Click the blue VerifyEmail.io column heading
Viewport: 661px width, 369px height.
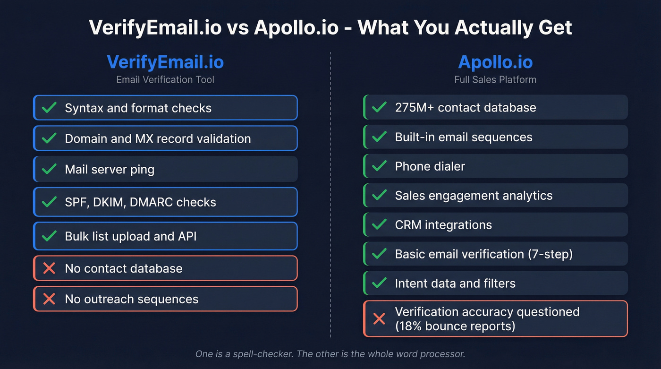[165, 62]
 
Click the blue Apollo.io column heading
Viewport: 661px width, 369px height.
[495, 62]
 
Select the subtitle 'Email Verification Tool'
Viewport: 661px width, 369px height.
[165, 79]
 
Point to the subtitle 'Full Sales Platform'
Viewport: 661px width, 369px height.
[495, 79]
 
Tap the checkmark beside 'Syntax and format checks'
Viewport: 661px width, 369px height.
[49, 108]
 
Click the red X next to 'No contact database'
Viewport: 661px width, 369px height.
[49, 268]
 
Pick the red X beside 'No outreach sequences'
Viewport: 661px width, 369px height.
[49, 299]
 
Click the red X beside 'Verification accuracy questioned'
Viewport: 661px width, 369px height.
[379, 319]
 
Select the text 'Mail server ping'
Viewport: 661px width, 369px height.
[110, 169]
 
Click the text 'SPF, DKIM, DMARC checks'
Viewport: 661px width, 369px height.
[140, 202]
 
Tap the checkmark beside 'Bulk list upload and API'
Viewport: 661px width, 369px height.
[49, 236]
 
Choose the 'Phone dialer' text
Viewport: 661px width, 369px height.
[430, 166]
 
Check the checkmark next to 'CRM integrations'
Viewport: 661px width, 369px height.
[379, 225]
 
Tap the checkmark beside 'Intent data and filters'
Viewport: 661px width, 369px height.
[379, 283]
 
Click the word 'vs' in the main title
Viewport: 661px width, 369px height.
[237, 27]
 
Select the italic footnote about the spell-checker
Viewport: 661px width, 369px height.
[330, 353]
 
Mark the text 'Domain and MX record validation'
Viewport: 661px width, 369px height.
[158, 138]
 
